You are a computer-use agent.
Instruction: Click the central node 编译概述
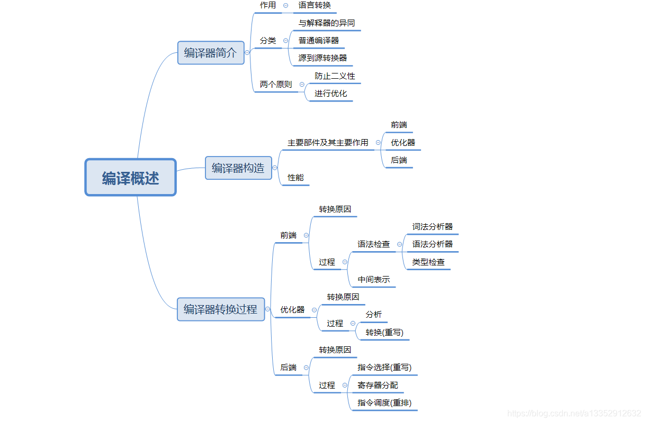point(130,178)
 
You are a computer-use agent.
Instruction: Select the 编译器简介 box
point(211,53)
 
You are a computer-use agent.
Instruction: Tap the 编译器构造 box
point(238,168)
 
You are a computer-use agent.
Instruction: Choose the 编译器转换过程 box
point(221,309)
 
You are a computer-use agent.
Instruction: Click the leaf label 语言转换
point(315,5)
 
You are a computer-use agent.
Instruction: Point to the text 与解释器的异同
point(327,23)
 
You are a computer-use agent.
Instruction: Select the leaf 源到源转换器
point(322,58)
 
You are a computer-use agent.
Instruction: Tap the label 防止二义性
point(335,76)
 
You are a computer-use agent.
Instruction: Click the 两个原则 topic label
point(275,84)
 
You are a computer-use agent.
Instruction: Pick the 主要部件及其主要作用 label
point(328,142)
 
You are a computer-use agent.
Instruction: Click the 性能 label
point(295,178)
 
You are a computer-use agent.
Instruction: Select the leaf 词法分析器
point(433,226)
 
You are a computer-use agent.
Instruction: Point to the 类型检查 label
point(428,262)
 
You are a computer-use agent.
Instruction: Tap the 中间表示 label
point(374,279)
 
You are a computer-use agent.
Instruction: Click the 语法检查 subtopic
point(373,244)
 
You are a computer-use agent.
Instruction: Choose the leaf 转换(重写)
point(384,332)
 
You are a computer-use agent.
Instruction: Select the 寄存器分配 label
point(378,385)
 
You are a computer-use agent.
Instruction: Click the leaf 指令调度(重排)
point(384,403)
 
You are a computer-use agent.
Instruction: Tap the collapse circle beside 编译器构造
point(275,168)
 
